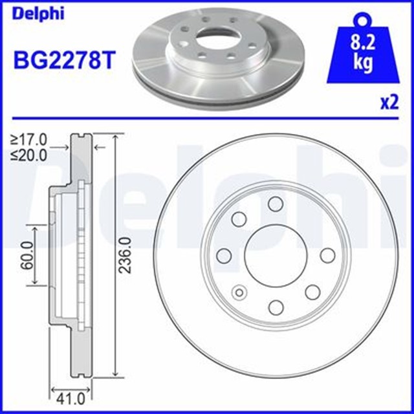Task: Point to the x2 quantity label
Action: tap(389, 103)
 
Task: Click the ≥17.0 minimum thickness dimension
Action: tap(29, 138)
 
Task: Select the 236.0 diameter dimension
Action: tap(127, 256)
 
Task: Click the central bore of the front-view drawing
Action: tap(275, 255)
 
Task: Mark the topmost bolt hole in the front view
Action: tap(275, 204)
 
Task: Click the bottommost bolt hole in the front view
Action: tap(275, 307)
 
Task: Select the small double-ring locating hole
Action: tap(241, 293)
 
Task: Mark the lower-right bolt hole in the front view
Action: tap(312, 292)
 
